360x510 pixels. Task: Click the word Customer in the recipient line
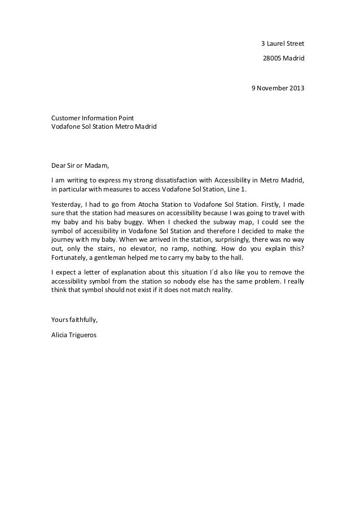[x=65, y=117]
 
